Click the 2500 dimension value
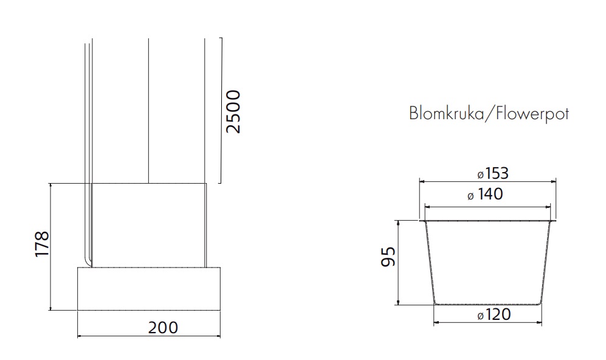[233, 112]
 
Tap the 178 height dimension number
[42, 244]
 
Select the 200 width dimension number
[163, 328]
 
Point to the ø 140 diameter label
[485, 194]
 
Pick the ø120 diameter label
[494, 315]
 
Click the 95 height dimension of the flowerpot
[388, 257]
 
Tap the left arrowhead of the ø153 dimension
[422, 181]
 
